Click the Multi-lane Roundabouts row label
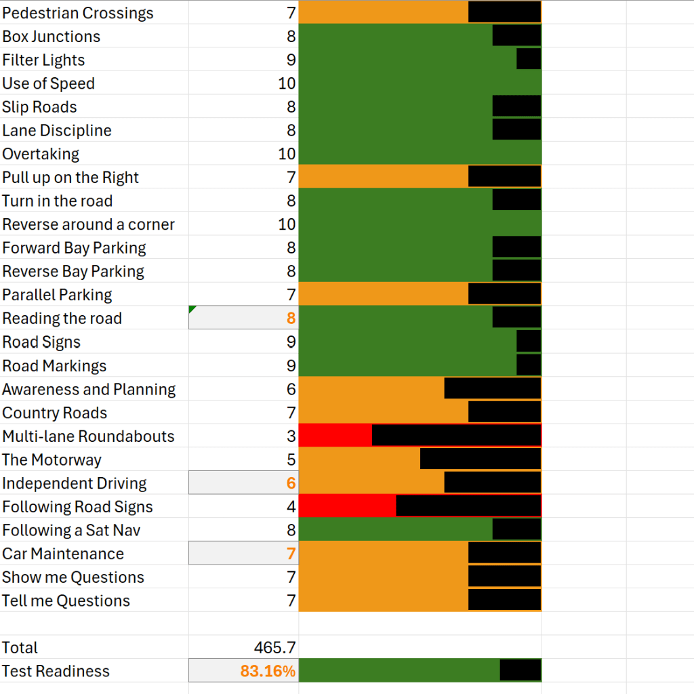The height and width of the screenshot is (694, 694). click(88, 436)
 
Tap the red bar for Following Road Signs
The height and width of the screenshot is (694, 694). click(347, 506)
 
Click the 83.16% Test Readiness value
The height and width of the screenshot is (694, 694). click(268, 672)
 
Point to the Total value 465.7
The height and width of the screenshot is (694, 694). click(274, 648)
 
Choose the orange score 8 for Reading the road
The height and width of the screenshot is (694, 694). click(291, 319)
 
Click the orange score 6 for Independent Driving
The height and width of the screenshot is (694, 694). click(291, 483)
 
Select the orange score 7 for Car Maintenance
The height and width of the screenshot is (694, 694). click(291, 554)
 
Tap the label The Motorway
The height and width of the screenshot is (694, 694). click(52, 460)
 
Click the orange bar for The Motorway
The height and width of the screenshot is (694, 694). click(359, 460)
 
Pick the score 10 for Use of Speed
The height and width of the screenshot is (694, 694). click(287, 83)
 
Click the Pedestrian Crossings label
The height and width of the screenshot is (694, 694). click(78, 13)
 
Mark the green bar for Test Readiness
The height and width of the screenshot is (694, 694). click(399, 670)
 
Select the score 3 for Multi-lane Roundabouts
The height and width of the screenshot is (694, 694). click(291, 436)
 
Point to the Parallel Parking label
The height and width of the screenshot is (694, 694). click(57, 295)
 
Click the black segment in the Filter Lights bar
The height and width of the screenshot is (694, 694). click(529, 60)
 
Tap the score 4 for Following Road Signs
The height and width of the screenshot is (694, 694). click(291, 507)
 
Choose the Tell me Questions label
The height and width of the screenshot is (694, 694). click(66, 601)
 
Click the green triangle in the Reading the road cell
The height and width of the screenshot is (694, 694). click(193, 310)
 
